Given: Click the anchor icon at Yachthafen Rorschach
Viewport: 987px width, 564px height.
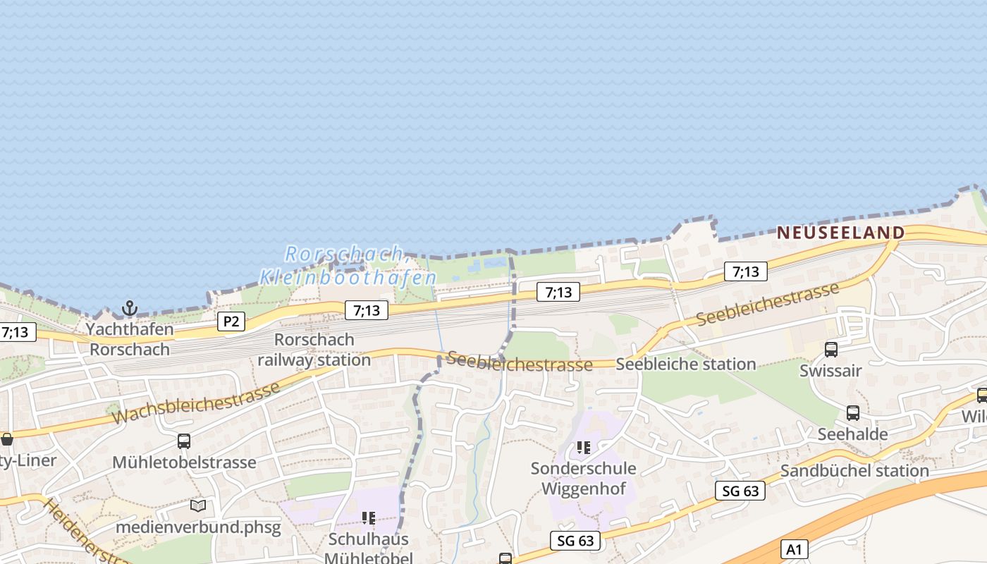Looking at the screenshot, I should point(129,308).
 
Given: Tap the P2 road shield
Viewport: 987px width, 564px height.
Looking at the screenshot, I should point(231,322).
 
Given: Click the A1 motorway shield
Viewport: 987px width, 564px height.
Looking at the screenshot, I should point(795,550).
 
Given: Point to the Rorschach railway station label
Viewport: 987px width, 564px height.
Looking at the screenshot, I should point(314,350).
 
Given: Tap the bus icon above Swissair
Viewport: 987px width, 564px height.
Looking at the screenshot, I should point(831,350).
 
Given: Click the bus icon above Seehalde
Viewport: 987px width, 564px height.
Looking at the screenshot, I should point(852,413).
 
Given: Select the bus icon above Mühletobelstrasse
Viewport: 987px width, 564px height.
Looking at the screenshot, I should point(184,441).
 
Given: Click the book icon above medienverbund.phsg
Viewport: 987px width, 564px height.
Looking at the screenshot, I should point(198,505).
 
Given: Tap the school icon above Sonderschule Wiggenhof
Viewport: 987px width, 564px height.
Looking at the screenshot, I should point(583,448).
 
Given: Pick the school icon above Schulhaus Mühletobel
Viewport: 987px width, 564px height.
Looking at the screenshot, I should point(368,519).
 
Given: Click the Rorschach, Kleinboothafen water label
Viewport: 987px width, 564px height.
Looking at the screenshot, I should point(347,265).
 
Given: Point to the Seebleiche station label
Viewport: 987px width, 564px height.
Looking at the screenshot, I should point(685,364).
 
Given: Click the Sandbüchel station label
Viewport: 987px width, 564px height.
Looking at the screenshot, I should point(854,471).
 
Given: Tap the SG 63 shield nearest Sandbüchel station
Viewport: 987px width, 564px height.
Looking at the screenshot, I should point(740,491).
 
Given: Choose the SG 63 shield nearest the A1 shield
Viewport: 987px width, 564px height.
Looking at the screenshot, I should point(575,541).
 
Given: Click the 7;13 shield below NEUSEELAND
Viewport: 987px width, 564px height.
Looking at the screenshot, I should point(745,271).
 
